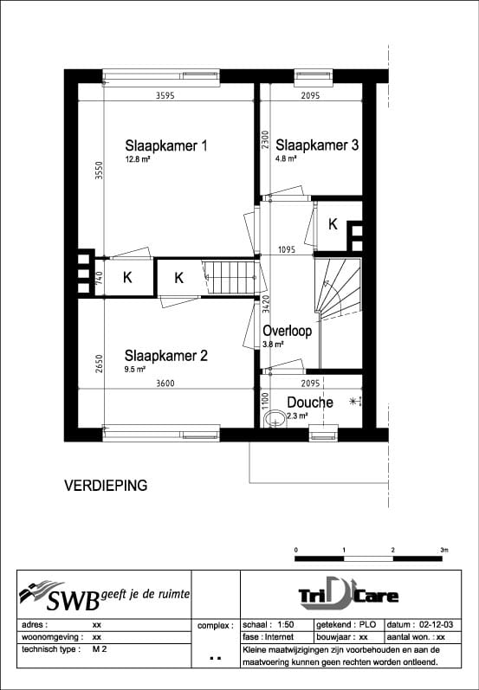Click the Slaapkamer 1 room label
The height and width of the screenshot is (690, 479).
coord(165,145)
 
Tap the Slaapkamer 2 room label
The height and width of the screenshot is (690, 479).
coord(165,355)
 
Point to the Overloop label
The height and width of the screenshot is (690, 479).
coord(288,331)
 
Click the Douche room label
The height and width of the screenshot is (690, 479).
coord(309,403)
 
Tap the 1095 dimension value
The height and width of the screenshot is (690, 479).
coord(288,250)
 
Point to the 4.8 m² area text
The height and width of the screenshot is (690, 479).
coord(287,159)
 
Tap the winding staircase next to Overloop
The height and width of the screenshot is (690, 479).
coord(336,287)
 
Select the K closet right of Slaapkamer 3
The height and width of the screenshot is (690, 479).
coord(333,224)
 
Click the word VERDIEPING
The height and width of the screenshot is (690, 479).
coord(106,486)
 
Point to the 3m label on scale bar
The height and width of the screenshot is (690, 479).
coord(443,550)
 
